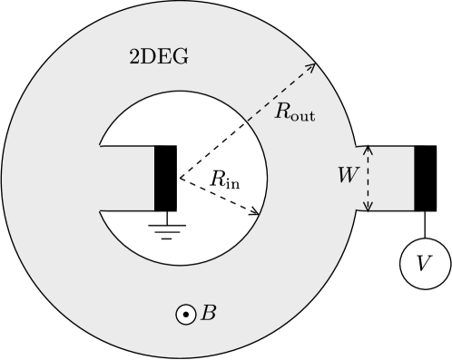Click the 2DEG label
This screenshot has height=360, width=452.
161,58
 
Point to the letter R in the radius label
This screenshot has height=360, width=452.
283,114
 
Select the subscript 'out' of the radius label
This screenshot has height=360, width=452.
302,118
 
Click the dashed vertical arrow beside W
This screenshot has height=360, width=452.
368,179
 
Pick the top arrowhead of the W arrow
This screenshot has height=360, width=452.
368,148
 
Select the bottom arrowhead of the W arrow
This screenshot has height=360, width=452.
368,209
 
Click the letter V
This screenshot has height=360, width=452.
424,264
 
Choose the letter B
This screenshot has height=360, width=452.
209,314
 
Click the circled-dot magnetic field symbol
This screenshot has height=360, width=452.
185,315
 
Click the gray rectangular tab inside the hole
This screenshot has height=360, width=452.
127,178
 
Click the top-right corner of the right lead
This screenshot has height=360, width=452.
413,147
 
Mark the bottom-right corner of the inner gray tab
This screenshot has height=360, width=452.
153,209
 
